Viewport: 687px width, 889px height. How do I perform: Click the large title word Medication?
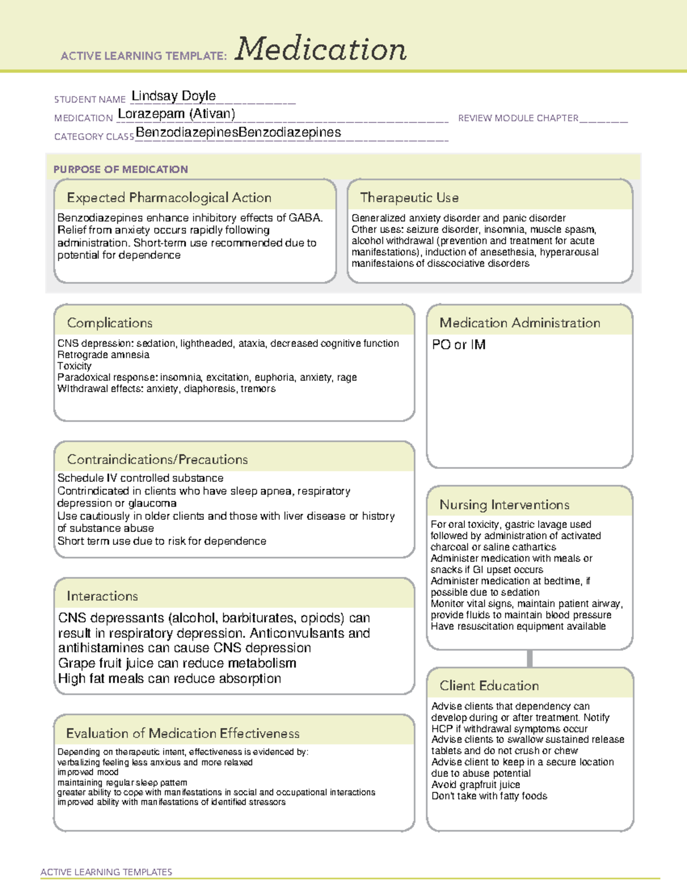click(x=321, y=49)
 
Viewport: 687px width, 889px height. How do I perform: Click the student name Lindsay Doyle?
click(x=173, y=96)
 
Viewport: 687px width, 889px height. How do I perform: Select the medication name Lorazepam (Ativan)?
click(x=176, y=114)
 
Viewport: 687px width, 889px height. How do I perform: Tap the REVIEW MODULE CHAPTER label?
click(x=518, y=118)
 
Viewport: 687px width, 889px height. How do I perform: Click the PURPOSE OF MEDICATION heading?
click(x=121, y=169)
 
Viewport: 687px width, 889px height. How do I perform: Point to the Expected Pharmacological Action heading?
click(x=169, y=197)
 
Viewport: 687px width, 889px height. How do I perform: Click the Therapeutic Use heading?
click(x=409, y=197)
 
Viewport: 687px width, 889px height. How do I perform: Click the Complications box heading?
click(x=110, y=323)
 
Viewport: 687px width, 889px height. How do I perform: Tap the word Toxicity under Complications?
click(x=74, y=366)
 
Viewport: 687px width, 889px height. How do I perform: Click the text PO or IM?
click(x=459, y=345)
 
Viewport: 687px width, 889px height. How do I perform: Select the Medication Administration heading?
click(x=520, y=323)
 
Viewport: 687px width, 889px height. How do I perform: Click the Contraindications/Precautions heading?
click(x=157, y=459)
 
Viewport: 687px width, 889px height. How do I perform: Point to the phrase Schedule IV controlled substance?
click(x=140, y=478)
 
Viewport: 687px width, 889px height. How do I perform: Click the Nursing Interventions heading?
click(x=504, y=504)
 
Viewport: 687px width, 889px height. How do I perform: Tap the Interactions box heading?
click(x=102, y=596)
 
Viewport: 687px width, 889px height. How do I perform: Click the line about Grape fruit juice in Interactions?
click(x=177, y=663)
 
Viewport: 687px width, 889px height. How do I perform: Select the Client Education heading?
click(x=489, y=686)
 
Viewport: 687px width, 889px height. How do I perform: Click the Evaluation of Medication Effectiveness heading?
click(x=183, y=733)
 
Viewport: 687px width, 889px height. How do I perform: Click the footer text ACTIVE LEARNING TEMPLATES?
click(x=106, y=872)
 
